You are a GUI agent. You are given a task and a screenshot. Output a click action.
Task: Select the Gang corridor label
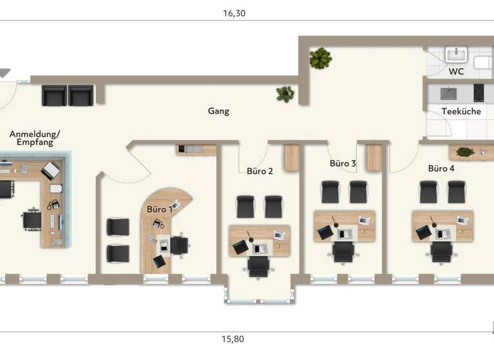pos(219,111)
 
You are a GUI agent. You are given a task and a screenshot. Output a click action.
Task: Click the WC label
pos(456,71)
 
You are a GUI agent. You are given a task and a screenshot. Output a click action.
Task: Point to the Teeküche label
pos(461,111)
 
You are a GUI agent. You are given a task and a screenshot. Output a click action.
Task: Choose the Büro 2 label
pos(260,171)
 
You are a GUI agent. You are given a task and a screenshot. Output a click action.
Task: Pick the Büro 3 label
pos(343,163)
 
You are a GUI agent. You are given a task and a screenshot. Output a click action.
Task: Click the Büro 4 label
pos(441,168)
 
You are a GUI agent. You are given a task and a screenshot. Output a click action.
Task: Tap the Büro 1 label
pos(160,209)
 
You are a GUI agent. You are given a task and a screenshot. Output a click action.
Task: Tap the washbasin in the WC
pos(457,52)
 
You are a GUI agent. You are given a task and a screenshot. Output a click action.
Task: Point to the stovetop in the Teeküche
pos(479,93)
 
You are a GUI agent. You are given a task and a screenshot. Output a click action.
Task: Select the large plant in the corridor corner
pos(320,59)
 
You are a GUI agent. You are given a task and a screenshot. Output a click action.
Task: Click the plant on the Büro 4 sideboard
pos(464,152)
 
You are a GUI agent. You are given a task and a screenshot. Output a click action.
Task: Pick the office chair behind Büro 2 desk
pos(259,265)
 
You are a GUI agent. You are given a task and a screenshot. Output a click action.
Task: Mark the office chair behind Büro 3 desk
pos(343,251)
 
